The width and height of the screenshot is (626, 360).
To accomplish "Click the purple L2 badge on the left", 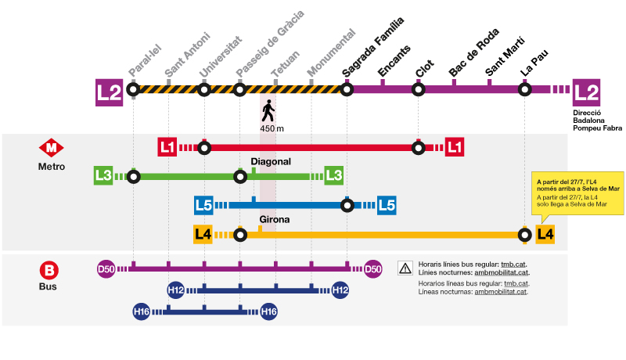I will pos(109,92).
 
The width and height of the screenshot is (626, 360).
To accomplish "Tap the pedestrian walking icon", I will pos(268,110).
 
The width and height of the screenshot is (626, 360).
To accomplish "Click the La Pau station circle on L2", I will pos(525,89).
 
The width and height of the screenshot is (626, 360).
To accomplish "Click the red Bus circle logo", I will pos(49,272).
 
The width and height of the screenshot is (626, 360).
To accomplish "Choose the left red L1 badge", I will pos(167,146).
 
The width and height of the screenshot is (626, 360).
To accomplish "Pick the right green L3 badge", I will pos(334,175).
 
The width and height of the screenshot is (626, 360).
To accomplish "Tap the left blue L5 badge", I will pos(203,206).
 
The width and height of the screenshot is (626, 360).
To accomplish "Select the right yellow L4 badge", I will pos(545,233).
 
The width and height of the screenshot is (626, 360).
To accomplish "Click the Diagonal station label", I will pos(271,162).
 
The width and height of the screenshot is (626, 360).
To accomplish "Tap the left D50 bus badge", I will pos(106,270).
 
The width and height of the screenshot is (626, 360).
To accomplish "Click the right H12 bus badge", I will pos(340,290).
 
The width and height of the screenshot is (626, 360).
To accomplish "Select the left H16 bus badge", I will pos(141,312).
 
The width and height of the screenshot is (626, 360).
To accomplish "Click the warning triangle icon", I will pos(405,268).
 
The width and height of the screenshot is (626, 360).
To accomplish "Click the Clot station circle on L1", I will pos(418,146).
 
